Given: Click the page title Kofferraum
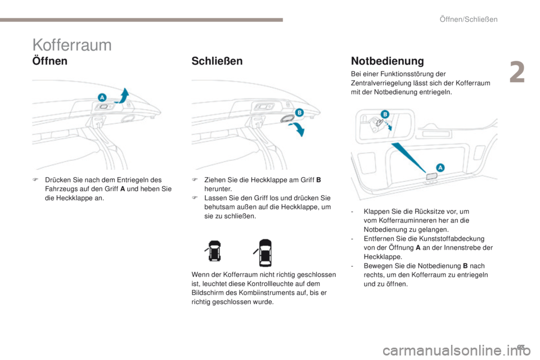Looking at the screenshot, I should (71, 45).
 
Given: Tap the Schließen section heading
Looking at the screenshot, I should (217, 61).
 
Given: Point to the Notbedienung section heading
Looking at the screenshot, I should (387, 60).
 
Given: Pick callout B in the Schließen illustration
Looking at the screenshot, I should (299, 112).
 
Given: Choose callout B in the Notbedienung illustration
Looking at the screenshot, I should (386, 114).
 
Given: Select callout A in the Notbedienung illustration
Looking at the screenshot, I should (440, 167).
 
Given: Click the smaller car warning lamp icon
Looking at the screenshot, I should (214, 252).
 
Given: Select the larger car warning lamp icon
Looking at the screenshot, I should (265, 252).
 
